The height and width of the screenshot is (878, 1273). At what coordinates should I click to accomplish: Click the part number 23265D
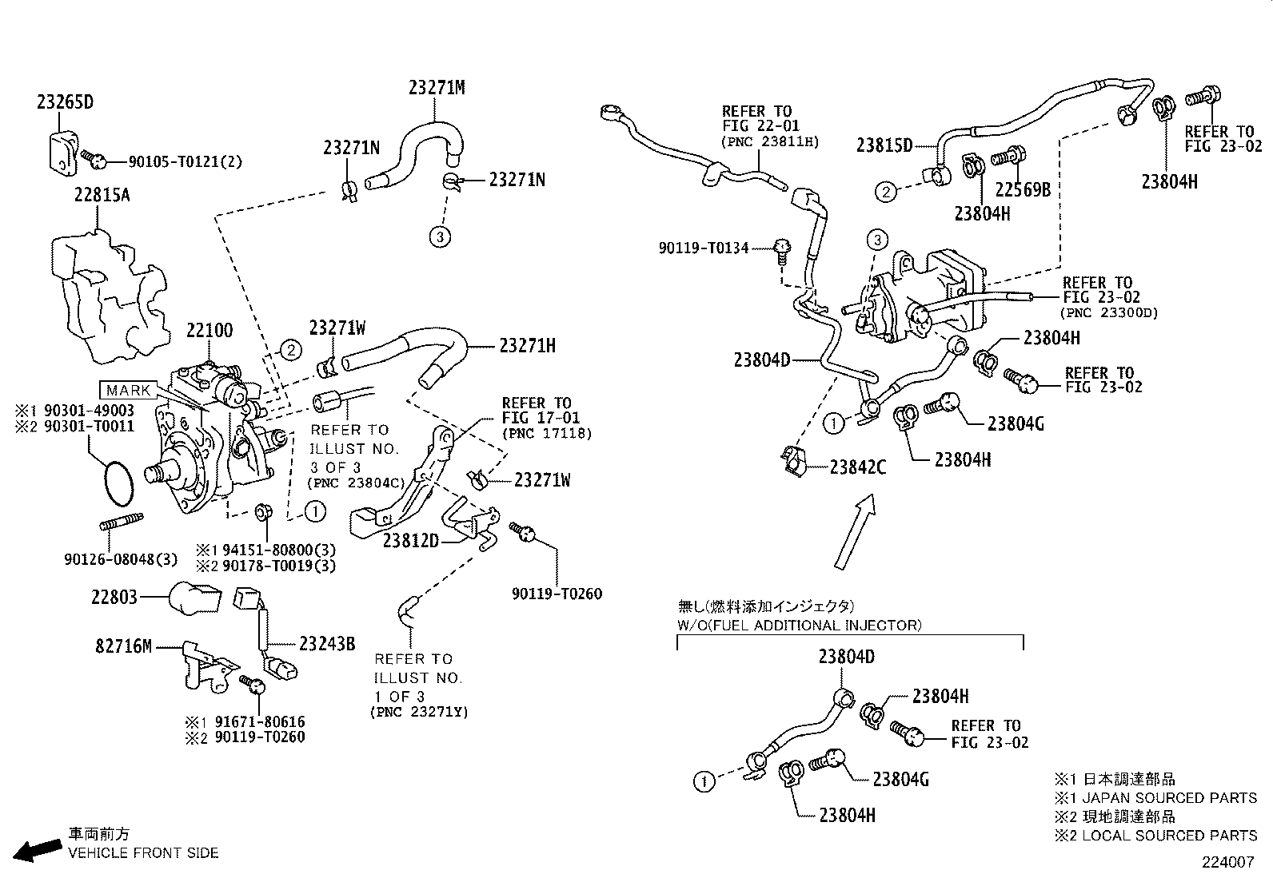pos(65,102)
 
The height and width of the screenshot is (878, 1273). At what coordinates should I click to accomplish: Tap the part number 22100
pos(210,331)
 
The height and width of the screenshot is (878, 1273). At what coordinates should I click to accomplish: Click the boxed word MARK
pos(128,391)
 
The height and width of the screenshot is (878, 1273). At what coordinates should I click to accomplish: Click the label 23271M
pos(437,88)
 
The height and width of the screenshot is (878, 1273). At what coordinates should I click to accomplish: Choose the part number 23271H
pos(527,346)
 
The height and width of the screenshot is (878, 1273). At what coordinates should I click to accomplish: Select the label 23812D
pos(411,541)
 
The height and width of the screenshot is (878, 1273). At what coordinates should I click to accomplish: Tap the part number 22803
pos(114,597)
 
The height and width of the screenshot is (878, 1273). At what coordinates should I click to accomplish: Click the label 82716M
pos(123,646)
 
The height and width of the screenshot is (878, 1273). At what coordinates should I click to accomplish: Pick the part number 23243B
pos(327,643)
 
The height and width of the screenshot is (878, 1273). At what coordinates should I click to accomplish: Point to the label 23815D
pos(884,145)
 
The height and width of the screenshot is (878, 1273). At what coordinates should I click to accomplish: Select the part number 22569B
pos(1022,189)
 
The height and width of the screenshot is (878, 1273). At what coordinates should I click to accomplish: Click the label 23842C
pos(858,467)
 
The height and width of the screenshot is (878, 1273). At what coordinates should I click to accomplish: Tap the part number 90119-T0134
pos(704,248)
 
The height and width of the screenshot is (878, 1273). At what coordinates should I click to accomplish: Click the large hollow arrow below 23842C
pos(854,532)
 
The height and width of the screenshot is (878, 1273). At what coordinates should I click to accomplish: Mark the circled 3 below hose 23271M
pos(440,236)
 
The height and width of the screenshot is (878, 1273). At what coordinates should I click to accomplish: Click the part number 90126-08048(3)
pos(121,558)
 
